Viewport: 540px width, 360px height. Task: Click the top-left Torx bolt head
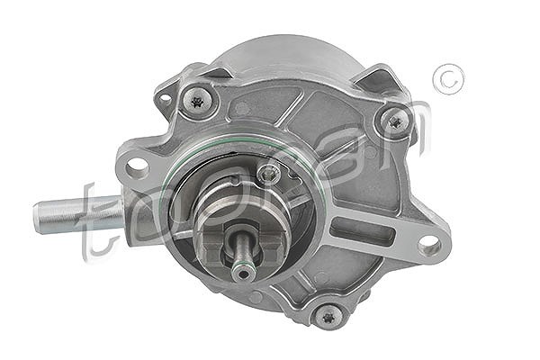point(197,102)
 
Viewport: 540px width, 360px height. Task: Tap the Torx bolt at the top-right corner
point(395,121)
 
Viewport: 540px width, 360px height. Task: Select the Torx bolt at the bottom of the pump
point(328,317)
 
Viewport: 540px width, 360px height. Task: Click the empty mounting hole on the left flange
point(137,168)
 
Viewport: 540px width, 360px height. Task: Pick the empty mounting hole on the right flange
point(429,247)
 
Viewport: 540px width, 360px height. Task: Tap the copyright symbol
point(449,79)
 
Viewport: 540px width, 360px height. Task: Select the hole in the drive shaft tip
point(244,274)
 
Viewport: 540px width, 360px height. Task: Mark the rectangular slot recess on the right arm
point(362,230)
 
